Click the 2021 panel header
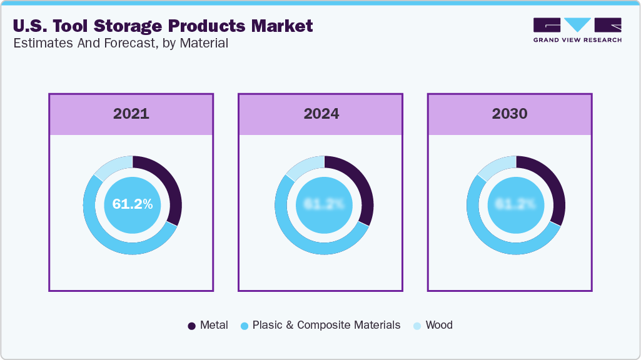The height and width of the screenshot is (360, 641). (x=131, y=114)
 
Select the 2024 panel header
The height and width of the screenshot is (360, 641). (x=321, y=114)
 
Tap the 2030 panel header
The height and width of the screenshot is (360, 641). (x=510, y=114)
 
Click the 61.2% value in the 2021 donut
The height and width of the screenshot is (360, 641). (x=133, y=204)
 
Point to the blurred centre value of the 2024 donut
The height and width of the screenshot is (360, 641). (x=324, y=204)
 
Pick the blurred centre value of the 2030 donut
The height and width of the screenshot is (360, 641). (x=515, y=204)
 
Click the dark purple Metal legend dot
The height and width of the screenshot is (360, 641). (x=192, y=326)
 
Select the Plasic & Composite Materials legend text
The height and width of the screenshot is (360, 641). (x=326, y=325)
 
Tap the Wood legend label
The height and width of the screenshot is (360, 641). (x=438, y=325)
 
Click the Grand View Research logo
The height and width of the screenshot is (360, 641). (x=577, y=29)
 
